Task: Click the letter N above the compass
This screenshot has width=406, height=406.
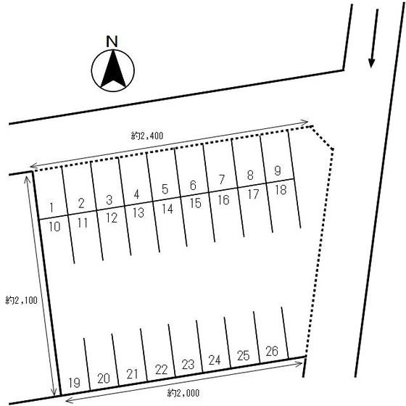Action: (112, 41)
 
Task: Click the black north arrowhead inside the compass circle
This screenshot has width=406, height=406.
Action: (113, 69)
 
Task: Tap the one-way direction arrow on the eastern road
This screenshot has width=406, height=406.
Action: (374, 38)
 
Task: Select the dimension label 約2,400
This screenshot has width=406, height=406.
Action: (147, 136)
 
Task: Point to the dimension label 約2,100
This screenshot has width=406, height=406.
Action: (22, 300)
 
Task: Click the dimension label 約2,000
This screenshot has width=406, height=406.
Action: (183, 393)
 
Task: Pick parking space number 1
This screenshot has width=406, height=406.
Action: (51, 207)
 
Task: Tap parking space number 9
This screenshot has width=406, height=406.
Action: (277, 170)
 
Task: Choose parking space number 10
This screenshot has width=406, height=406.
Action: (54, 227)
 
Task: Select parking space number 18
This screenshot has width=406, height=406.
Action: (281, 190)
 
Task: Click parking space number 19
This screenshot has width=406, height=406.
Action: (74, 383)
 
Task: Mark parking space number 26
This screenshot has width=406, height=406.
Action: (272, 352)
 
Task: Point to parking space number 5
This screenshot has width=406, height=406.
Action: (165, 189)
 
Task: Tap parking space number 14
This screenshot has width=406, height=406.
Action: (167, 209)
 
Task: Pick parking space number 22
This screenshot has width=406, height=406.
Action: (161, 370)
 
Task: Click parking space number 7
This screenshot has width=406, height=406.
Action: (221, 180)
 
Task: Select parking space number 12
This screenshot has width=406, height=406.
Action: (112, 218)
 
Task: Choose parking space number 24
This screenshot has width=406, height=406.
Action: (215, 360)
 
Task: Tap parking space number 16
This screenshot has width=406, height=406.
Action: (224, 199)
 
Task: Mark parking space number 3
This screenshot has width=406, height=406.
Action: (109, 199)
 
